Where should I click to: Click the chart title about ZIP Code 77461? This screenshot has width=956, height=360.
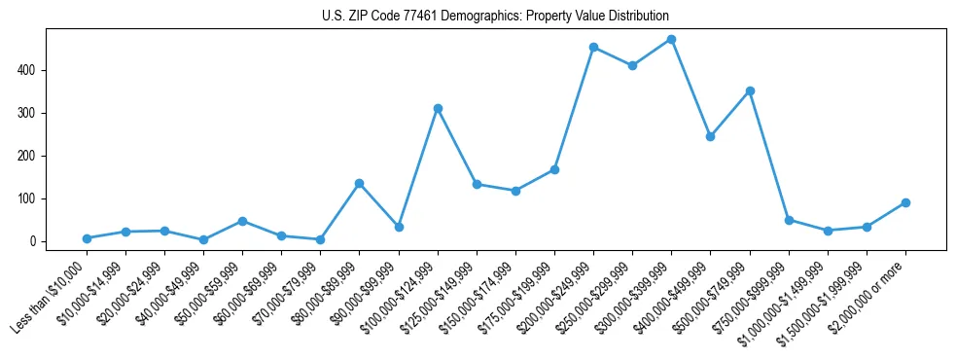tap(495, 17)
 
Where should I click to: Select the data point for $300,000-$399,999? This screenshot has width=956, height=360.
tap(672, 40)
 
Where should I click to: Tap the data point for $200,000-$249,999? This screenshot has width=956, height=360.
tap(593, 47)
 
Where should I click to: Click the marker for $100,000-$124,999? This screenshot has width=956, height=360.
tap(438, 108)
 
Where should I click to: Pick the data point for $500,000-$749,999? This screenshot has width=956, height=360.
tap(750, 90)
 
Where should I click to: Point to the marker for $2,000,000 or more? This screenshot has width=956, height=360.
tap(905, 202)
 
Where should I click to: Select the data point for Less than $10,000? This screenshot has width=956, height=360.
tap(87, 238)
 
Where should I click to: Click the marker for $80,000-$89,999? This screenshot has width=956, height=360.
tap(360, 183)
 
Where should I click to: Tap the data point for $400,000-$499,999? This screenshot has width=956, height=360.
tap(711, 136)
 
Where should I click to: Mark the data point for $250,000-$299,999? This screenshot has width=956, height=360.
tap(632, 65)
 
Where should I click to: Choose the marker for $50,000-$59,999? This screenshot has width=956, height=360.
tap(242, 221)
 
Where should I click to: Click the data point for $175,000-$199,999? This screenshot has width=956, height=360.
tap(554, 169)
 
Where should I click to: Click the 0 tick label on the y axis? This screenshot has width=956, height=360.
tap(32, 241)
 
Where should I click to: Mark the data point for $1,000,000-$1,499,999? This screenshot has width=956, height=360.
tap(828, 231)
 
